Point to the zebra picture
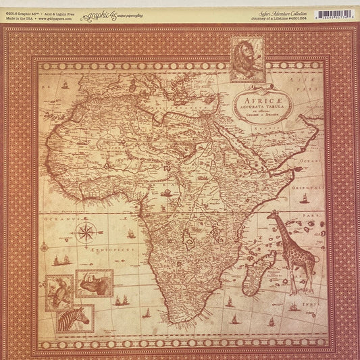75,317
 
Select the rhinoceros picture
94,284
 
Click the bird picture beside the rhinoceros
59,292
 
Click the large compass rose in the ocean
86,234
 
